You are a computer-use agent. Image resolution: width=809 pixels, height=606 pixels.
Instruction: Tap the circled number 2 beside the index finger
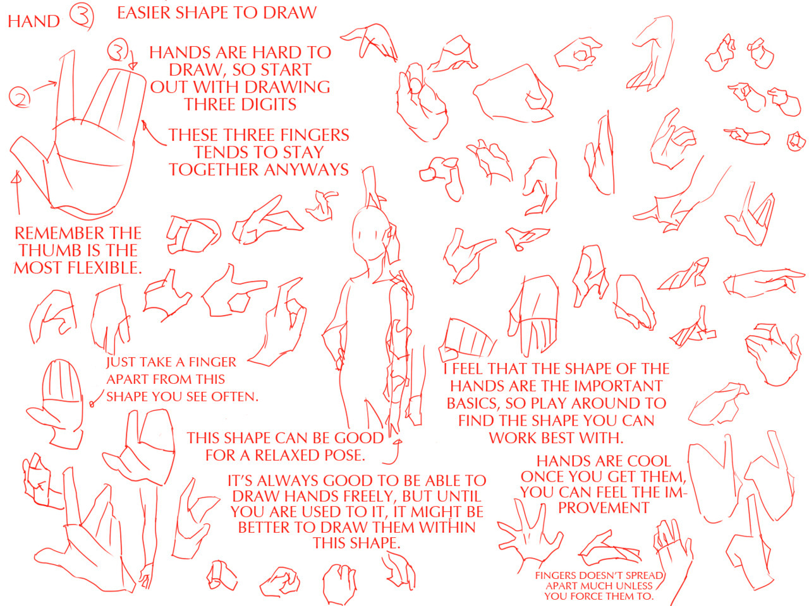(20, 97)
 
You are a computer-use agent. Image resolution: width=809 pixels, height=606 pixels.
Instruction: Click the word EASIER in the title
(145, 13)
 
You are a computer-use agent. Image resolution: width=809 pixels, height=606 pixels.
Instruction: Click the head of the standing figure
(370, 234)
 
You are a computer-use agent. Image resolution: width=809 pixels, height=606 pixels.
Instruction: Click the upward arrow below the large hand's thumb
(16, 192)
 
